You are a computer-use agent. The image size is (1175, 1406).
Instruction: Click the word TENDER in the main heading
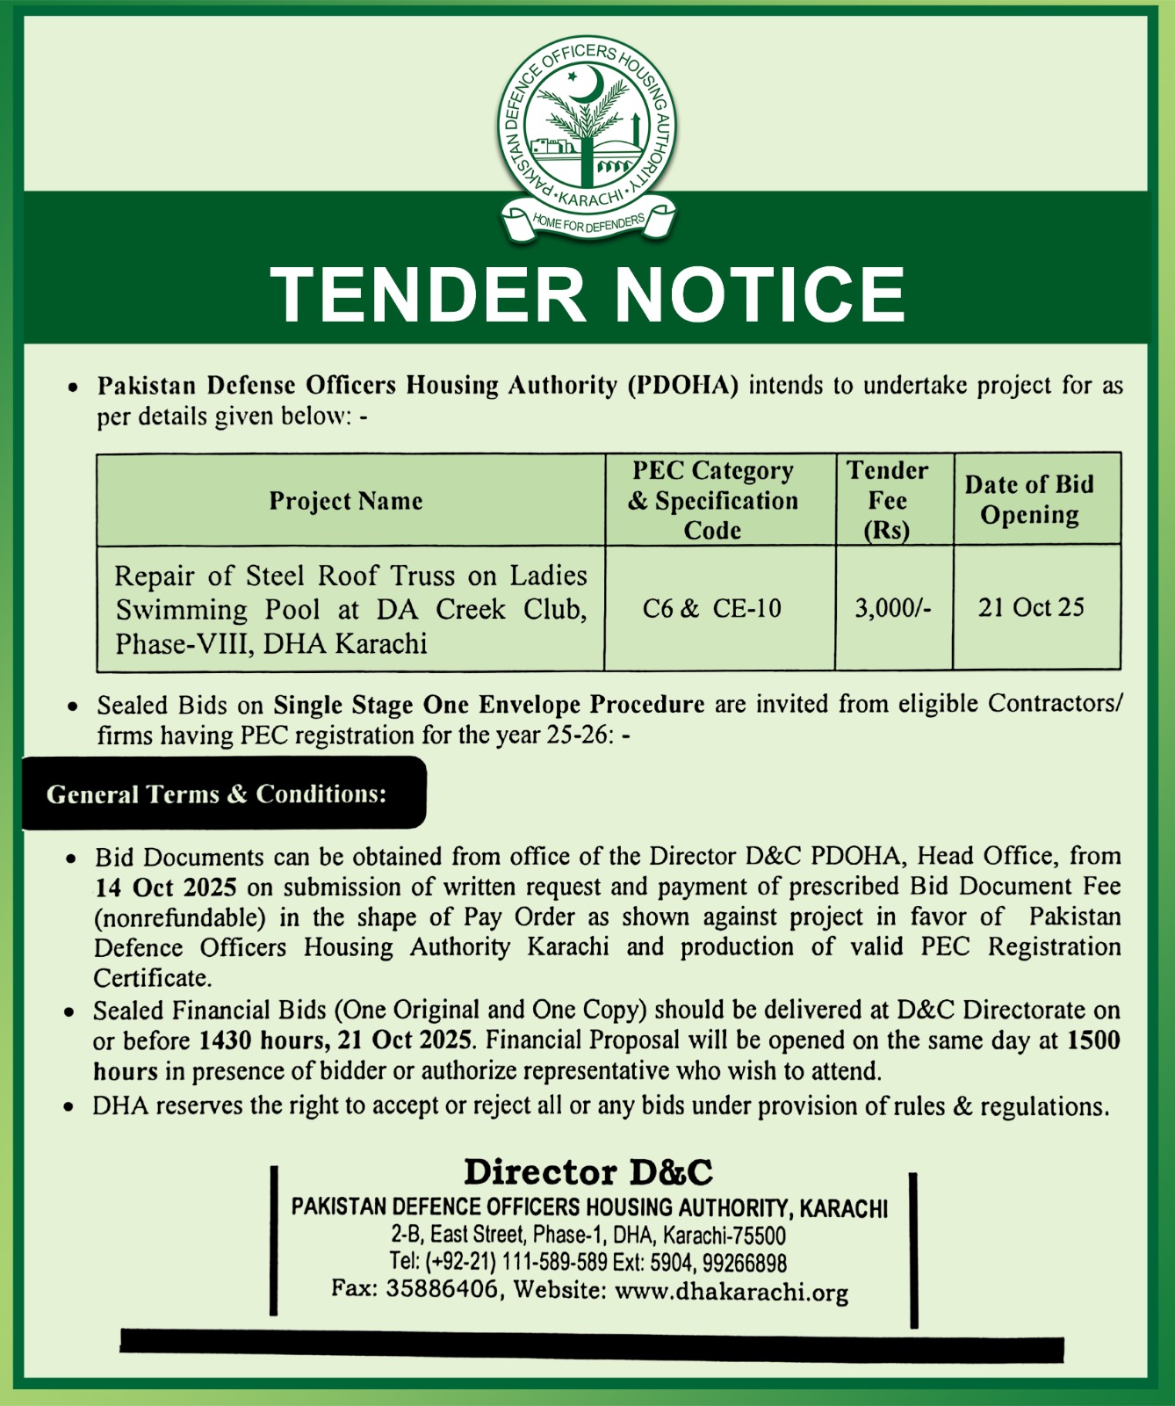(428, 294)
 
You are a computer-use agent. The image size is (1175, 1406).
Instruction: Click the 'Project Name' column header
(346, 501)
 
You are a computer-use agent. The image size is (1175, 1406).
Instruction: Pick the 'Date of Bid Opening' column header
(1029, 499)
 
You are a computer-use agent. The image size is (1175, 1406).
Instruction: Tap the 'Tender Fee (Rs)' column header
(887, 500)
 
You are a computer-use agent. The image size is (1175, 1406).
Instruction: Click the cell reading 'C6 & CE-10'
(711, 608)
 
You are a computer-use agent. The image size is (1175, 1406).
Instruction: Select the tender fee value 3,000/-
(893, 608)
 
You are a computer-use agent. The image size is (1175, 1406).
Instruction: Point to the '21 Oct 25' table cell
(1031, 607)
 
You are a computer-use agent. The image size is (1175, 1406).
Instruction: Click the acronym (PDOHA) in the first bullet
(682, 386)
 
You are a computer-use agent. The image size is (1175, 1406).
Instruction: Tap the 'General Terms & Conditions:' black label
(217, 794)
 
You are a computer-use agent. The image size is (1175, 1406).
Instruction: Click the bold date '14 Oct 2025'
(167, 887)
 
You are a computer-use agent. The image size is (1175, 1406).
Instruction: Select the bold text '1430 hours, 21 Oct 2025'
(335, 1040)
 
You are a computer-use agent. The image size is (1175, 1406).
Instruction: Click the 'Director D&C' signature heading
(588, 1172)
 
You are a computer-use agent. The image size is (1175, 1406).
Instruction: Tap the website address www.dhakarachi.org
(732, 1292)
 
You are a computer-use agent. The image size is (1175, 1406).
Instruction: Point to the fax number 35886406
(442, 1289)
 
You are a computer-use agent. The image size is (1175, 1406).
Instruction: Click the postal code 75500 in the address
(758, 1236)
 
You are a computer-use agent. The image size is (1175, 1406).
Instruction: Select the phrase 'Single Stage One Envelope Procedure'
(488, 705)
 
